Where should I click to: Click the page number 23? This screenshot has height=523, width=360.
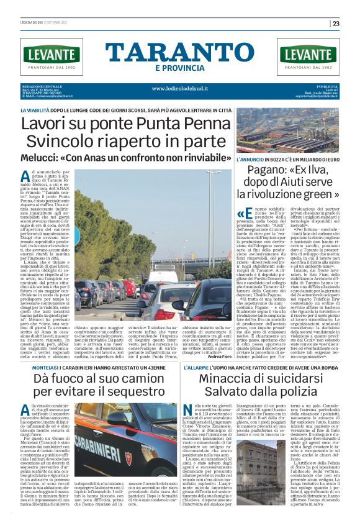(x=336, y=24)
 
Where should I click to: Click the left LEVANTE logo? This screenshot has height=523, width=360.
(x=51, y=55)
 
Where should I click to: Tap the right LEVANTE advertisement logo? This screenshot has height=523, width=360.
(x=308, y=55)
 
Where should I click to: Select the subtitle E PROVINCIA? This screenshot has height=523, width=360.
(x=179, y=67)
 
